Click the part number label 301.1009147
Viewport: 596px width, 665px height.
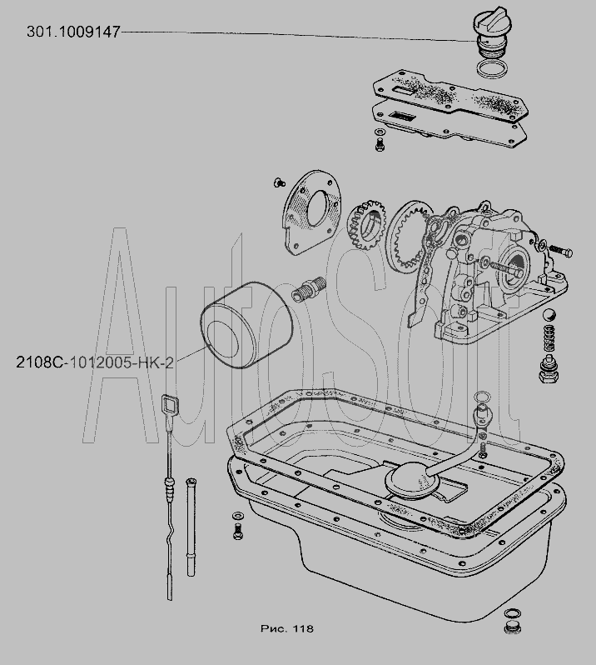point(73,32)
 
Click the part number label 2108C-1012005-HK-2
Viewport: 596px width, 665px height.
point(95,362)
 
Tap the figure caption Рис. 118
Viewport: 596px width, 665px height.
point(287,628)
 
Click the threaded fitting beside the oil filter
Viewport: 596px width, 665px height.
point(309,288)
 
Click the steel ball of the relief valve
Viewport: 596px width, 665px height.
point(549,316)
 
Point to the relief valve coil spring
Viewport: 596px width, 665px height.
point(549,338)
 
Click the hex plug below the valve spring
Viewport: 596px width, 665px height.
point(548,369)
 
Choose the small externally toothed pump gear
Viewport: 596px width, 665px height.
point(367,225)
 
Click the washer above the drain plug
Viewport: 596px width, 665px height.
point(513,613)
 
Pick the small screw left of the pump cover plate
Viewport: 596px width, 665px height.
point(279,182)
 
